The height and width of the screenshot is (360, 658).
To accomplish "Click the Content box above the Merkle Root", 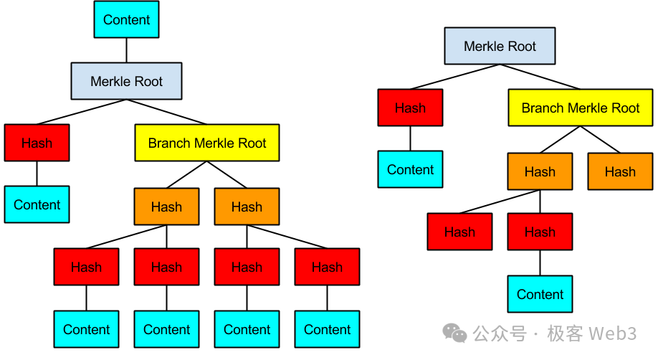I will (126, 19).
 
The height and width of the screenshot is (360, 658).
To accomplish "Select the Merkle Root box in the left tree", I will (126, 81).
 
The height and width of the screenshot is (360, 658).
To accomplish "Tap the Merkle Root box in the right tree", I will (500, 46).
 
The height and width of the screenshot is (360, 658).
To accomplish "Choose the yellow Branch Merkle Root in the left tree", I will (206, 143).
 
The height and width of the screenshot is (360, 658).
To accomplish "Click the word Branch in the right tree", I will (541, 108).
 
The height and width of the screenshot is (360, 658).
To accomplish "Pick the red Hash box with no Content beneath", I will (459, 232).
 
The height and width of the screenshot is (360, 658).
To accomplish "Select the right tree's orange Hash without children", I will (619, 171).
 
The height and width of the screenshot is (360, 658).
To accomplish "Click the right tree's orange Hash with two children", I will (540, 171).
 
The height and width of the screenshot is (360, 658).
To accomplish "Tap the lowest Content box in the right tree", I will (540, 294).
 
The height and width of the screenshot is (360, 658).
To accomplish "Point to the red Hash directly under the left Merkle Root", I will (37, 143).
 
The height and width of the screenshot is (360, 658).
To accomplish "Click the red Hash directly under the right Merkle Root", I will (410, 108).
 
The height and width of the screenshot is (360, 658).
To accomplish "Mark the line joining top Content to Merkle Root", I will (126, 50).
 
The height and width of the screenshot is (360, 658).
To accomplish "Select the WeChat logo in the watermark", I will (454, 333).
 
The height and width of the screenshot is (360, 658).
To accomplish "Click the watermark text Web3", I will (612, 333).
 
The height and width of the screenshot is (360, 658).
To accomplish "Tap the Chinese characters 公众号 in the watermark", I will (499, 333).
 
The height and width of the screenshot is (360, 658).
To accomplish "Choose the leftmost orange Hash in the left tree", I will (166, 207).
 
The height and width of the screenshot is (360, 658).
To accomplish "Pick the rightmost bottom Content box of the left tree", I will (327, 329).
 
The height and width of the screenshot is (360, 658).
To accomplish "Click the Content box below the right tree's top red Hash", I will (410, 170).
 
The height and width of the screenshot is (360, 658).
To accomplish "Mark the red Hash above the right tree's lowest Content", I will (540, 232).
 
